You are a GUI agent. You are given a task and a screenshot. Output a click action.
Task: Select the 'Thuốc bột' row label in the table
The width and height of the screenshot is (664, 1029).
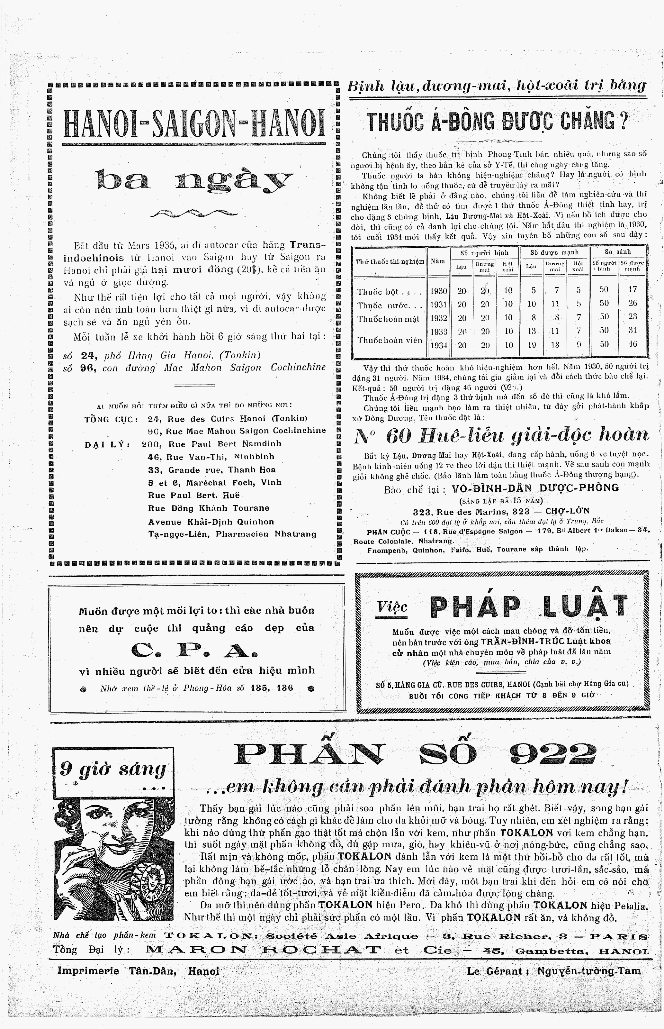(x=378, y=292)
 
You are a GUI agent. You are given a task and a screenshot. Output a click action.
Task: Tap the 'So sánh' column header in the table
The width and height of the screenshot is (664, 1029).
(x=617, y=252)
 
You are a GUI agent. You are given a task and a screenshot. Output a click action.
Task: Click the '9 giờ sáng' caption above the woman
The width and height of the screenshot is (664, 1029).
(x=113, y=770)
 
